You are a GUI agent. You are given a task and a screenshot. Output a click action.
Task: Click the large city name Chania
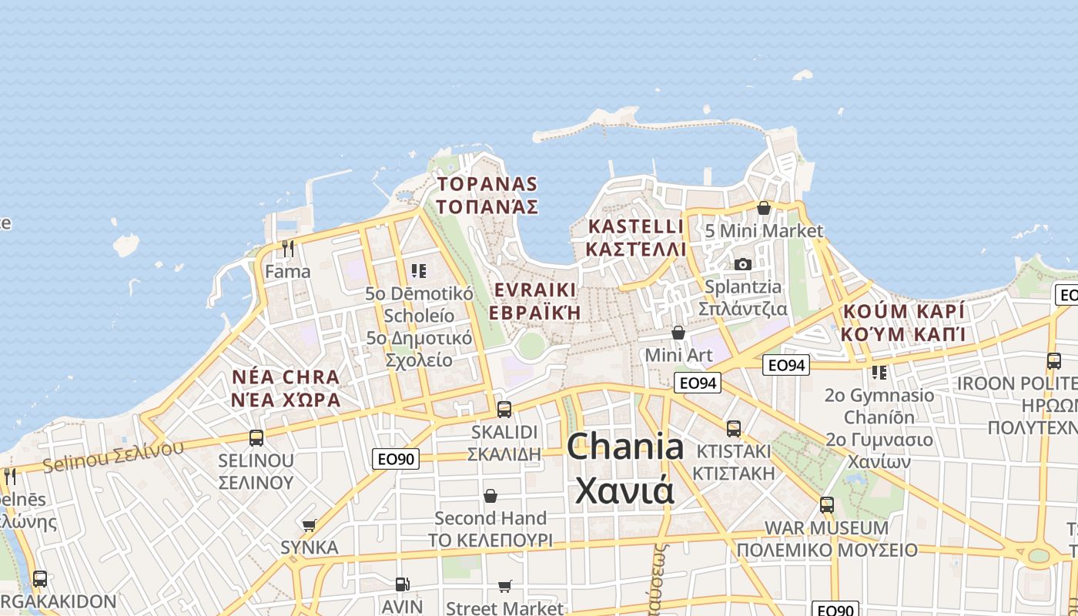click(x=625, y=447)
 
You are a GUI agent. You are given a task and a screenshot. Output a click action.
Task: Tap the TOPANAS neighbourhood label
click(x=487, y=195)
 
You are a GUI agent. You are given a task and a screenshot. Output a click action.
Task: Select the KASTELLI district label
click(x=635, y=237)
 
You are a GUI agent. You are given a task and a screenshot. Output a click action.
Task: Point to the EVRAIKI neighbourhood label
click(x=535, y=301)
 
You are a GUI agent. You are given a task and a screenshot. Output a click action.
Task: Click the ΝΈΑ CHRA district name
click(x=286, y=388)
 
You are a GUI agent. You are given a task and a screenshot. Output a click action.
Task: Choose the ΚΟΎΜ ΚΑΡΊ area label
click(x=903, y=323)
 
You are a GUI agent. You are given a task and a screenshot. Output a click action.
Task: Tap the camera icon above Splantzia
click(x=743, y=264)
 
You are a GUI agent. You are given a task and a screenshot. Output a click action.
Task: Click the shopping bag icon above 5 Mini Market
click(x=764, y=208)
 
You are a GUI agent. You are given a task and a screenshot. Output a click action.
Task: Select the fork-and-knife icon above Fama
click(x=288, y=249)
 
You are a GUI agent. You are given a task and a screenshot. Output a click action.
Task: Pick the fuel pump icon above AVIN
click(x=402, y=584)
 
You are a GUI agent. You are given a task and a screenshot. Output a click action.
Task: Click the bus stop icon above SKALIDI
click(x=504, y=409)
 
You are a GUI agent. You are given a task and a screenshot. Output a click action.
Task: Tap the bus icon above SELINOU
click(x=256, y=437)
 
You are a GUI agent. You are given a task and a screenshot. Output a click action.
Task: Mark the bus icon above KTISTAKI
click(x=734, y=428)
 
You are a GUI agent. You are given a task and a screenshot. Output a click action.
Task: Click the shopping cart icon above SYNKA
click(x=310, y=525)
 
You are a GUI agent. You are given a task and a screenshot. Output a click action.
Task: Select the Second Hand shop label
click(x=490, y=518)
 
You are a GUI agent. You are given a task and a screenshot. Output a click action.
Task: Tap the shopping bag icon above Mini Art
click(x=678, y=333)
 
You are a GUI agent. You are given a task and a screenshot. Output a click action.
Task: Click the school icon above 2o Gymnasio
click(x=879, y=373)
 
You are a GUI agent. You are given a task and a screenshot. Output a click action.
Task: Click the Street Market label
click(x=505, y=608)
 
